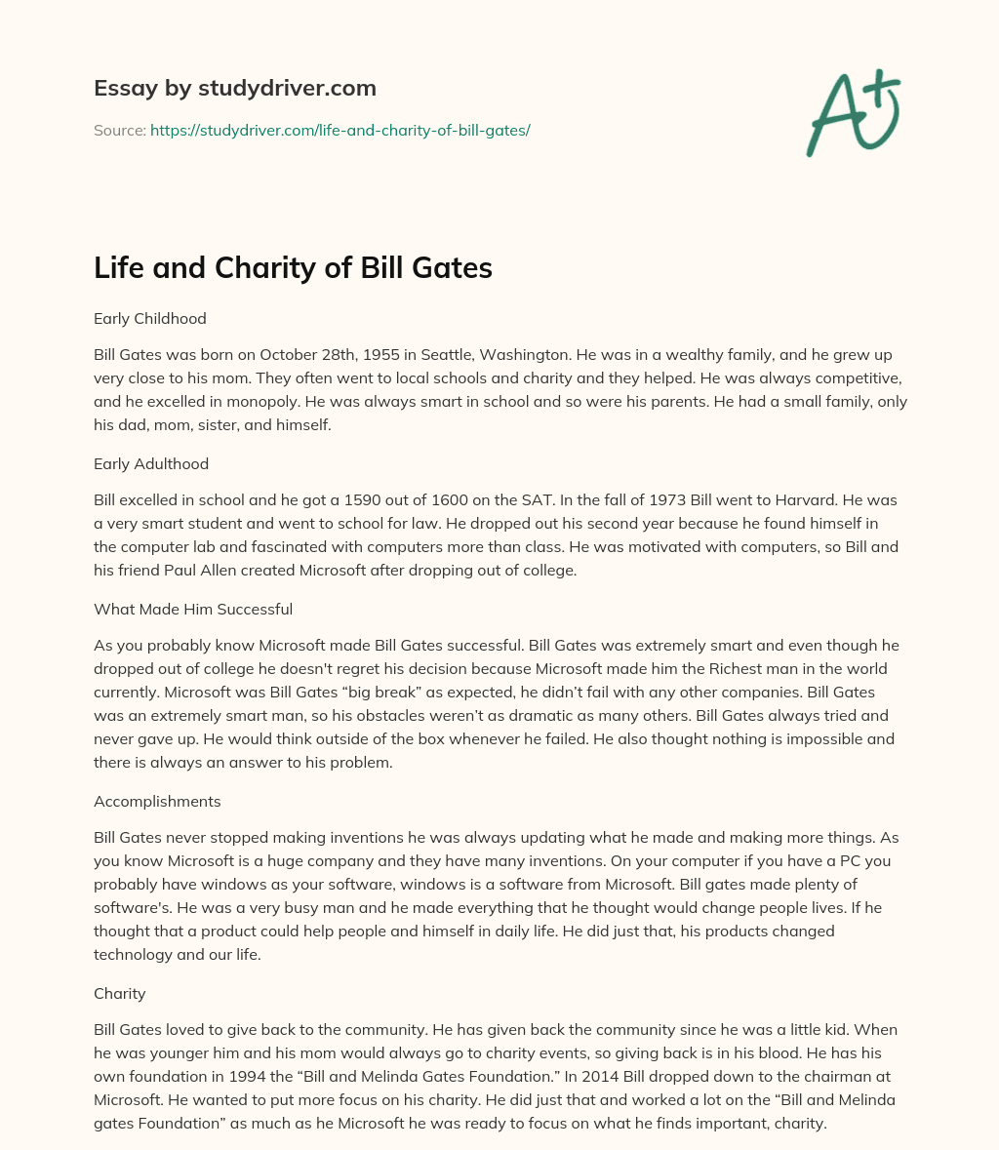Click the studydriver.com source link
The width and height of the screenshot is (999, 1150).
(x=340, y=130)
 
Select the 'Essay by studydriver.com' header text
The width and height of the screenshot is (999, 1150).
(x=234, y=88)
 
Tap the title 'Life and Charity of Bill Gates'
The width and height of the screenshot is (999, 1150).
(x=293, y=268)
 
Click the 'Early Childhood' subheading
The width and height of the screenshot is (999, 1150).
(x=149, y=318)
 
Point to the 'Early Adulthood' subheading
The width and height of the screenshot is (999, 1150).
(x=151, y=463)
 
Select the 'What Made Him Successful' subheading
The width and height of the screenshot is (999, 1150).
(x=193, y=609)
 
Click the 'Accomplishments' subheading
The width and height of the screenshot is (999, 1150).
(x=157, y=801)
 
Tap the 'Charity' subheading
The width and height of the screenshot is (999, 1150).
(x=120, y=993)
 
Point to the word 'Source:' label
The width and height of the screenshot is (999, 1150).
(x=119, y=130)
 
